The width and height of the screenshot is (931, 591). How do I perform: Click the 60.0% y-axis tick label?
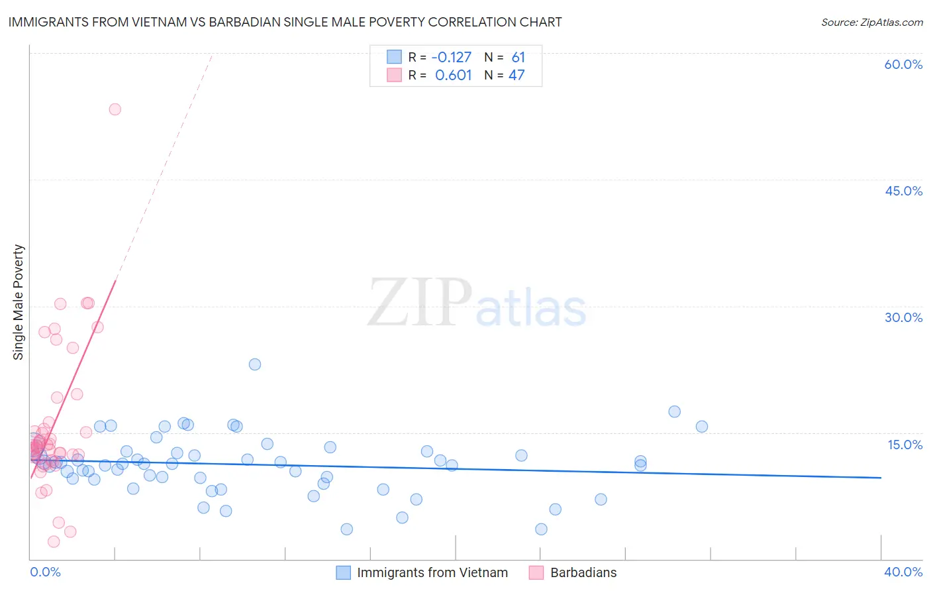pyautogui.click(x=903, y=64)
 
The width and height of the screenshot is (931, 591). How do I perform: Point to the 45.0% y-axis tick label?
pyautogui.click(x=903, y=191)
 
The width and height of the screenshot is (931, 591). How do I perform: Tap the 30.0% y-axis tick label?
pyautogui.click(x=903, y=317)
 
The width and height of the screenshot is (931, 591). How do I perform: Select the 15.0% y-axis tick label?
pyautogui.click(x=905, y=445)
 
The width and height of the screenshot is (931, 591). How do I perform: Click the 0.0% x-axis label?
pyautogui.click(x=45, y=572)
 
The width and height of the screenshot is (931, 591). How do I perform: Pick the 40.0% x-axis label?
pyautogui.click(x=903, y=572)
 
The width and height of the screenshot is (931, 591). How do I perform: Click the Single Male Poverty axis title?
pyautogui.click(x=19, y=302)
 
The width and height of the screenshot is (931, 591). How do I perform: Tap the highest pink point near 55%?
pyautogui.click(x=115, y=109)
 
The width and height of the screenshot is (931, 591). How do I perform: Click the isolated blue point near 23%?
pyautogui.click(x=255, y=364)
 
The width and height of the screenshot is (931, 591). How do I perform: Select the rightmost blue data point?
pyautogui.click(x=702, y=427)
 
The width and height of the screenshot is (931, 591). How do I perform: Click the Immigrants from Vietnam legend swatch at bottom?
pyautogui.click(x=343, y=572)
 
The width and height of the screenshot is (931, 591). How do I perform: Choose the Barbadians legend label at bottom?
pyautogui.click(x=583, y=572)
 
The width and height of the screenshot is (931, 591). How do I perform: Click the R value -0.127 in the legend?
pyautogui.click(x=452, y=57)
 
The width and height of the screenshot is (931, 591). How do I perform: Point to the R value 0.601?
pyautogui.click(x=453, y=75)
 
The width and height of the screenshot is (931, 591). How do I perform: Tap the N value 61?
pyautogui.click(x=518, y=57)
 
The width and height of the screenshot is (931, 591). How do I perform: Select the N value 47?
pyautogui.click(x=516, y=75)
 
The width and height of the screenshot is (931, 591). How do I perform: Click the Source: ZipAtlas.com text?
pyautogui.click(x=871, y=22)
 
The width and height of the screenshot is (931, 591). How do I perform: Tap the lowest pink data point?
pyautogui.click(x=54, y=542)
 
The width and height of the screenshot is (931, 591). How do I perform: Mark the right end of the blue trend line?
pyautogui.click(x=881, y=478)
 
